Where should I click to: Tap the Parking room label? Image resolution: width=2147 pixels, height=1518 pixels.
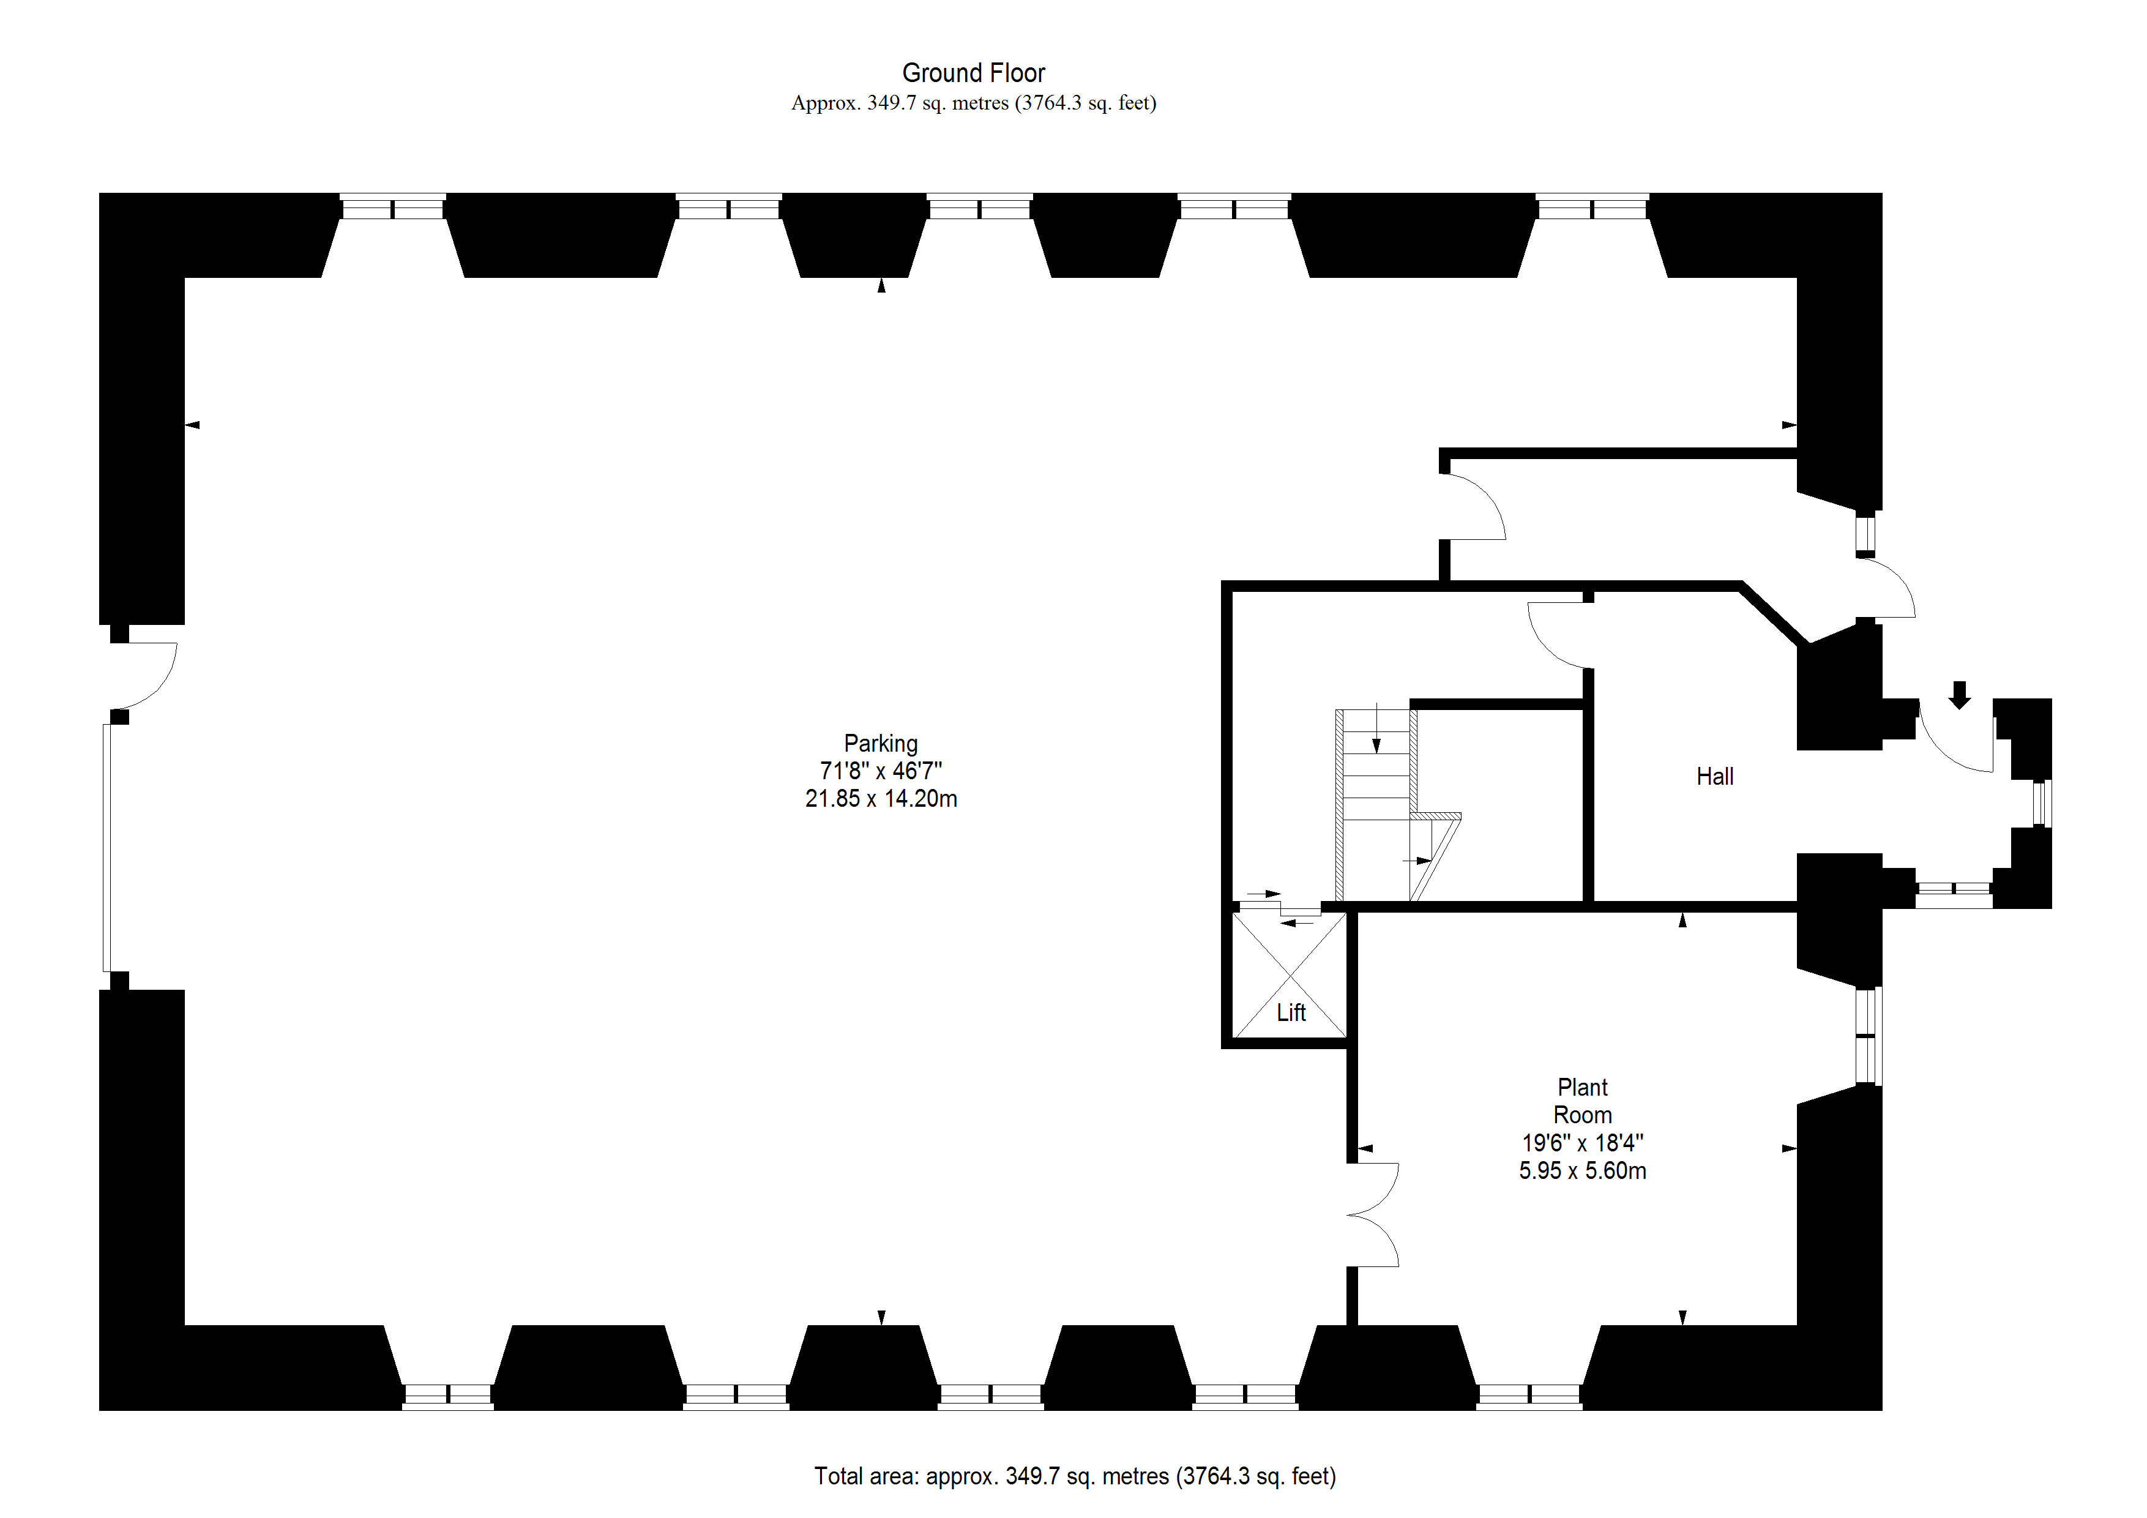880,744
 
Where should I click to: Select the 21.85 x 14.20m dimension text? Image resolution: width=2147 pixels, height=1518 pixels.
880,799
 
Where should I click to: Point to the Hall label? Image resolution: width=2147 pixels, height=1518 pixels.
1714,776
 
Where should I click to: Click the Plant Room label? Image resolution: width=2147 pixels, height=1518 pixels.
1581,1101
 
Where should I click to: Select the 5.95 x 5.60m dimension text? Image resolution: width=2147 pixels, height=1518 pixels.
1581,1171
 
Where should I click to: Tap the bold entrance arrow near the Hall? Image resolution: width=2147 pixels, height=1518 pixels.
1959,695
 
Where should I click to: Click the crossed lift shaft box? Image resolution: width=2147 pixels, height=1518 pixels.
1290,973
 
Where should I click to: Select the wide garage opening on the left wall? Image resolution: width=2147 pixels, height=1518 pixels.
106,847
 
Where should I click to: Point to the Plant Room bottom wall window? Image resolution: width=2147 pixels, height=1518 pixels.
1529,1396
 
